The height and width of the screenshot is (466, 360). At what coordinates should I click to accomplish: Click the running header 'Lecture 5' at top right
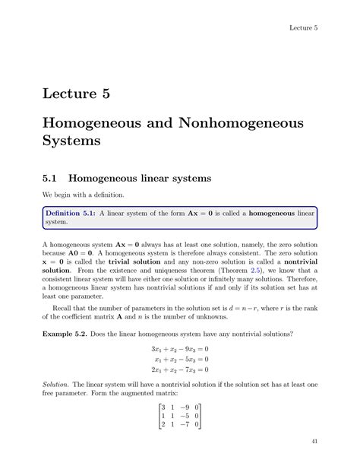coord(302,28)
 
